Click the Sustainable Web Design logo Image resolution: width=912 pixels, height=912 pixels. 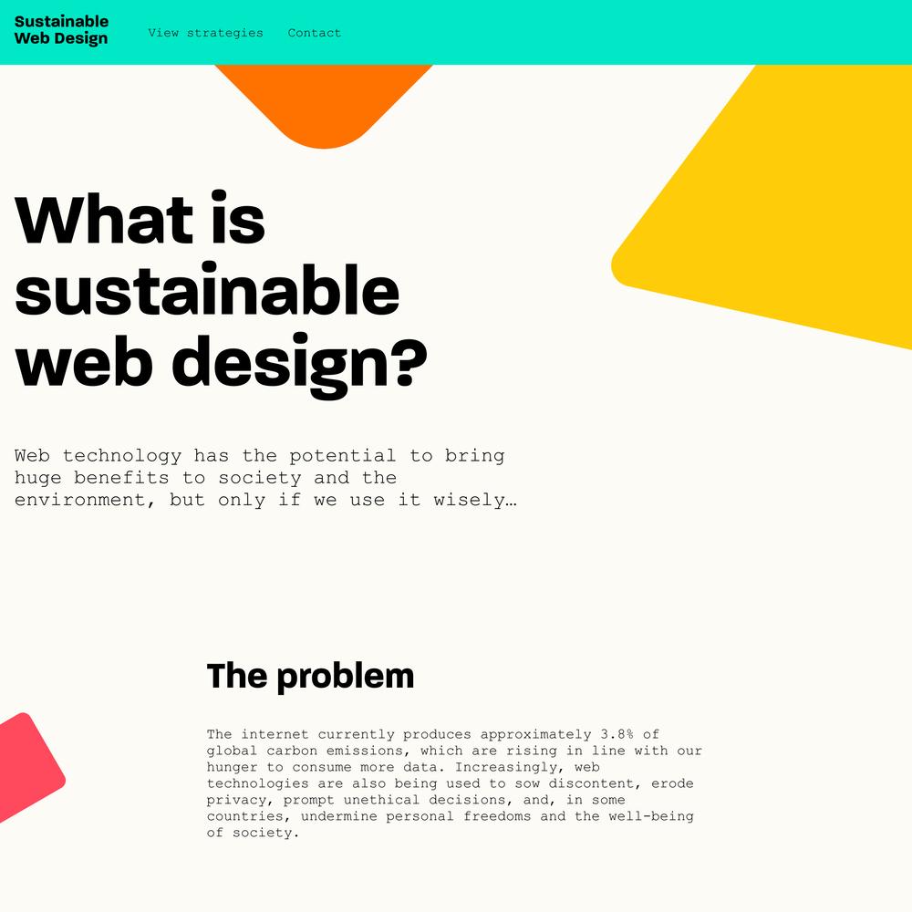[61, 30]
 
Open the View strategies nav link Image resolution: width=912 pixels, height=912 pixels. [205, 33]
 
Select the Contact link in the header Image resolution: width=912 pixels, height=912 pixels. [314, 33]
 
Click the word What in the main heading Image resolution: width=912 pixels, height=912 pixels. [104, 220]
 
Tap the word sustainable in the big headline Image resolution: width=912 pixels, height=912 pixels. [207, 291]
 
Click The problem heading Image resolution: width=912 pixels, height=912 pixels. [310, 677]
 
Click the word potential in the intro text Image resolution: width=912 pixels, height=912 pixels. [342, 455]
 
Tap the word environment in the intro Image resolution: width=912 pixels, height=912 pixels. [80, 500]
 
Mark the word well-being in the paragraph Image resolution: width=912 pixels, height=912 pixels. [651, 816]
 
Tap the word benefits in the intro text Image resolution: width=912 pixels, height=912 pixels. [121, 478]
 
